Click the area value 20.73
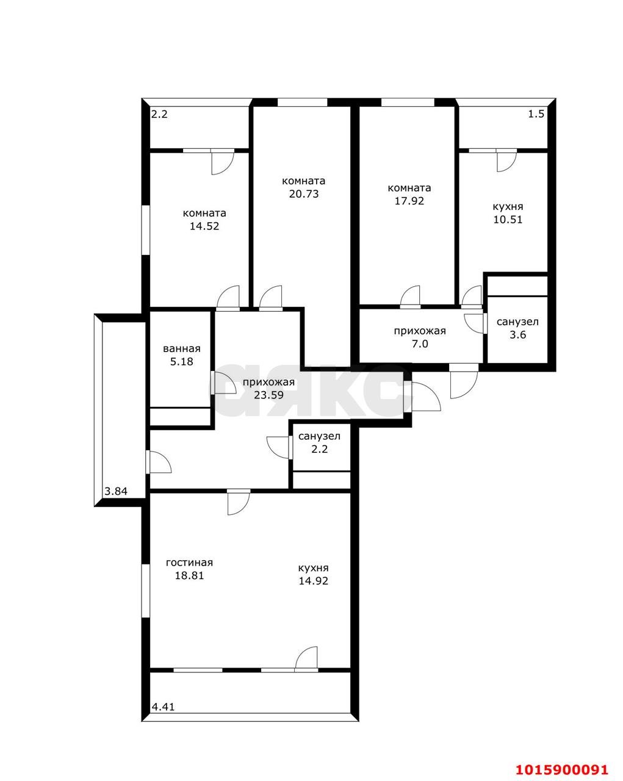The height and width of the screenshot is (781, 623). [303, 194]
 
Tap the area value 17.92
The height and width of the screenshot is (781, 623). [409, 201]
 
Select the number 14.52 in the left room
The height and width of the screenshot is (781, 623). [204, 226]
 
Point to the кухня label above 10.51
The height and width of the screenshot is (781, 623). [508, 207]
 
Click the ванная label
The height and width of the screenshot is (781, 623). [181, 349]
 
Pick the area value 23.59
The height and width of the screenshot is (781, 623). [268, 395]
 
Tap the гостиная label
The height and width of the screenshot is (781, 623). [189, 563]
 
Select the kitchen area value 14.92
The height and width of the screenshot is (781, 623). [313, 581]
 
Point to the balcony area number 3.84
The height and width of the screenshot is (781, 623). [116, 491]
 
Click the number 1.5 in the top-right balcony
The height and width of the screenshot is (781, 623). [536, 114]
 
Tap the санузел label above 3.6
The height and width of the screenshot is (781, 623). [517, 322]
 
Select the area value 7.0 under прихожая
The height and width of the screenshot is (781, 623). [420, 344]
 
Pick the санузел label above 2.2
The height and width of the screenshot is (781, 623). [319, 436]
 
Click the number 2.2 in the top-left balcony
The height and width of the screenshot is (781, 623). [159, 114]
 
